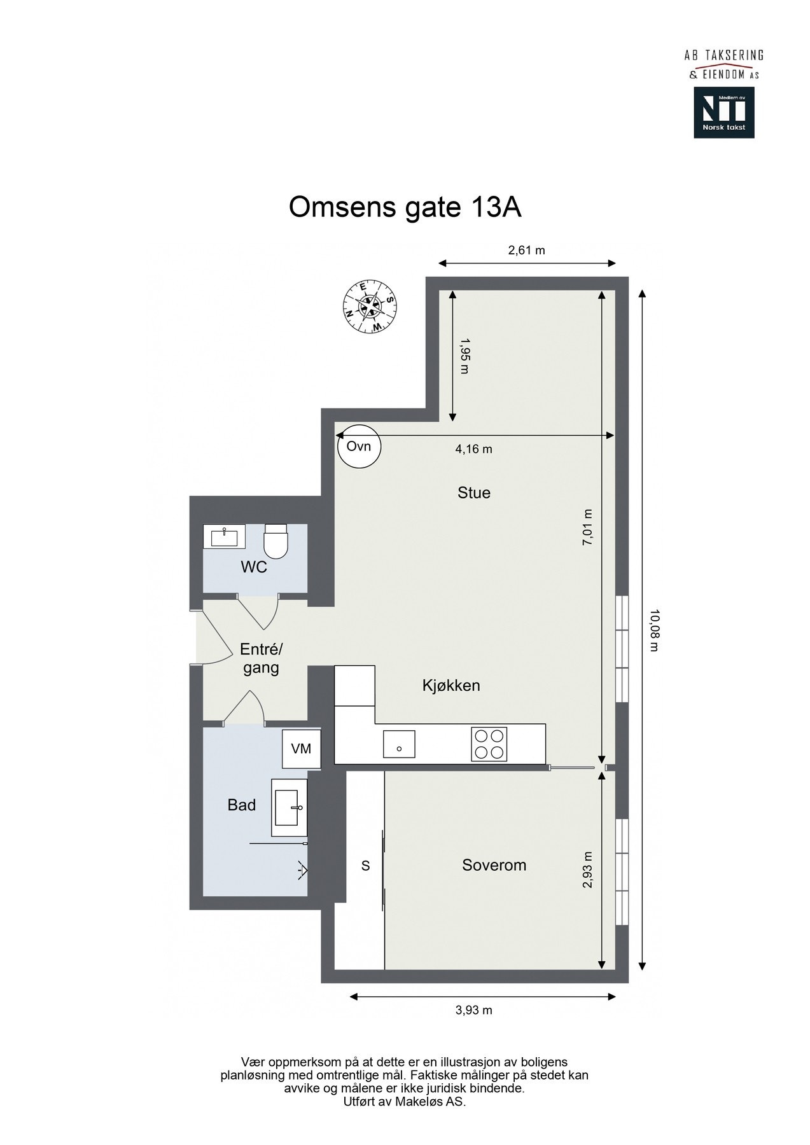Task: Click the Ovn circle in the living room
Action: [x=358, y=446]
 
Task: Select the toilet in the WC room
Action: [x=276, y=539]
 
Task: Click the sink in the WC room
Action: [x=224, y=536]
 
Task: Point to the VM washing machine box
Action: [x=301, y=749]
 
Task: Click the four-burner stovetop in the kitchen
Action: [x=489, y=743]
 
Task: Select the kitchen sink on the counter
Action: [x=399, y=744]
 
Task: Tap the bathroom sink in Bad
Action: [x=290, y=807]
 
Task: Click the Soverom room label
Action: [x=494, y=865]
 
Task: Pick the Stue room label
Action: [x=474, y=492]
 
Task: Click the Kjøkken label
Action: [x=451, y=685]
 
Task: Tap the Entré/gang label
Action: [x=261, y=658]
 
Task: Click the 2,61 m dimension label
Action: [x=526, y=250]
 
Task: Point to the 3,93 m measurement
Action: [x=473, y=1010]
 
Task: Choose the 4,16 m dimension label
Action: [x=473, y=449]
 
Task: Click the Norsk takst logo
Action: [x=723, y=113]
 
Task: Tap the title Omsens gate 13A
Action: [x=405, y=207]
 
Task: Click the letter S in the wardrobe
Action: [x=365, y=865]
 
